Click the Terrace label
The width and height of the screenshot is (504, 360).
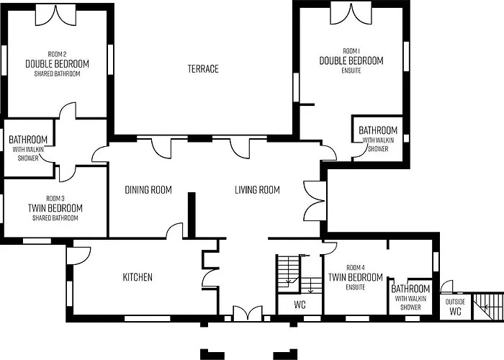pos(203,69)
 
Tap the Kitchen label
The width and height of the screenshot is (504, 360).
pos(138,277)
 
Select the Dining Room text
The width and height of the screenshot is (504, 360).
pos(148,189)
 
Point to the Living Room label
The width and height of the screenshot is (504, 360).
pos(257,189)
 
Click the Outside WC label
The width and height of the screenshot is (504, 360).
pos(456,307)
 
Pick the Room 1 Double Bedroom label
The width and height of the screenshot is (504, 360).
pos(351,60)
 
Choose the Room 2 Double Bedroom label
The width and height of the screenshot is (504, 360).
pos(57,63)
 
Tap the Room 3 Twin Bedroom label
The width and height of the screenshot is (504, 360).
pos(55,208)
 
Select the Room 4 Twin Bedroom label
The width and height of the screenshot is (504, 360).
pos(356,277)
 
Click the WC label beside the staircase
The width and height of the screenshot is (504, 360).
pos(300,305)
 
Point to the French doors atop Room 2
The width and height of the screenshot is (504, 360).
pos(55,15)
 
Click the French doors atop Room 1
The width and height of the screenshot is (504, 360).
pos(351,14)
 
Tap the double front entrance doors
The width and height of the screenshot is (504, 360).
pos(248,313)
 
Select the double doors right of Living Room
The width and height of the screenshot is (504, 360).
pos(315,201)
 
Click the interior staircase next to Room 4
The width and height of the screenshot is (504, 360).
pos(300,274)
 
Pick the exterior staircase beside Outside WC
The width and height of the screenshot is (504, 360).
pos(488,306)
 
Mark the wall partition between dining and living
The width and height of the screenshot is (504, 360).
pos(192,215)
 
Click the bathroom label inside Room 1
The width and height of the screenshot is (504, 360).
pos(378,139)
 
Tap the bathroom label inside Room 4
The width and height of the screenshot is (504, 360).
pos(410,297)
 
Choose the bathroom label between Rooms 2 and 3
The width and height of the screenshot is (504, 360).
pos(28,148)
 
